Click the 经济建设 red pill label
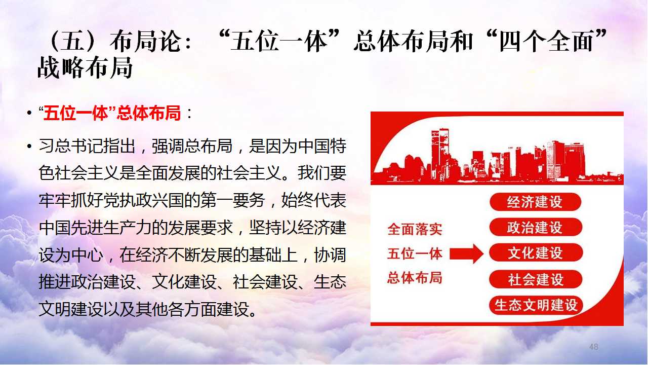[x=535, y=202]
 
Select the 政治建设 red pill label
[x=536, y=228]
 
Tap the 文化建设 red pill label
[x=536, y=253]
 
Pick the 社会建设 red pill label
[x=536, y=279]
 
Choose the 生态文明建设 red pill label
[x=536, y=305]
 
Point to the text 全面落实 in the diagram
[x=415, y=229]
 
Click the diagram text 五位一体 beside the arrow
[x=415, y=254]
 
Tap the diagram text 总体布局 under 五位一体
[x=415, y=278]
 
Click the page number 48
[x=594, y=347]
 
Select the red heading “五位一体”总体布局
[x=110, y=113]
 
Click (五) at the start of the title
[x=75, y=41]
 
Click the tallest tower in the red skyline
[x=440, y=154]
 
